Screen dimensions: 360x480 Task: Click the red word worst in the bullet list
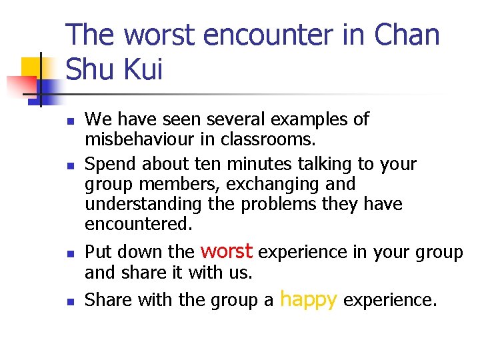[x=226, y=251]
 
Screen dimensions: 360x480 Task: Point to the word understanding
[x=143, y=203]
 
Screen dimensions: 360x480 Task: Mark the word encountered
[x=138, y=224]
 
